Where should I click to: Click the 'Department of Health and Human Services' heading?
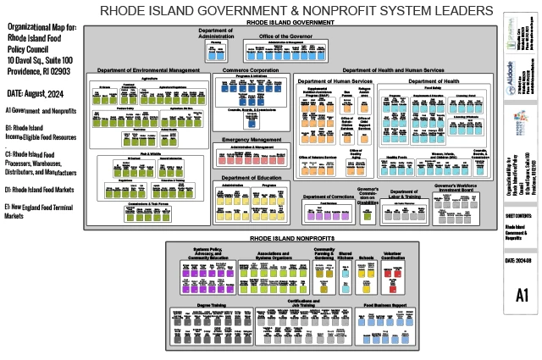click(392, 69)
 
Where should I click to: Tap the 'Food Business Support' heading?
click(390, 302)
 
